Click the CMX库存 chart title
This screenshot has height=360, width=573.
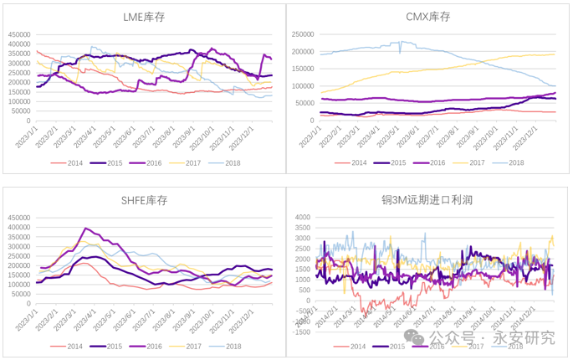click(427, 16)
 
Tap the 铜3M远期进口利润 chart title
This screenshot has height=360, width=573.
click(427, 200)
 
